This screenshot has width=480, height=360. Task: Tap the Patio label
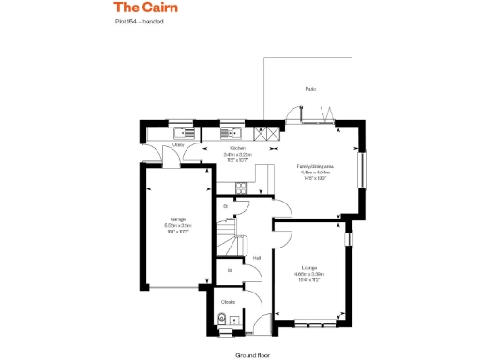pos(309,89)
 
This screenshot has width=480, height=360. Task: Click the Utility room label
pos(178,146)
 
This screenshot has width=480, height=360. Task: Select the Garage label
pos(177,219)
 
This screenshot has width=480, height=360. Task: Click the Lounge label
pos(309,267)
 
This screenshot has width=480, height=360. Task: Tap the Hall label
pos(256,258)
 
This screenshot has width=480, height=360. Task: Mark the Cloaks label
pos(228,302)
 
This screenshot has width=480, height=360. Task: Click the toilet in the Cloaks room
pos(222,319)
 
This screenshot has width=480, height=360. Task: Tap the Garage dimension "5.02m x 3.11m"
pos(177,225)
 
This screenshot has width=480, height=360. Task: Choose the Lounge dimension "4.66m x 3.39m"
pos(309,273)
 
